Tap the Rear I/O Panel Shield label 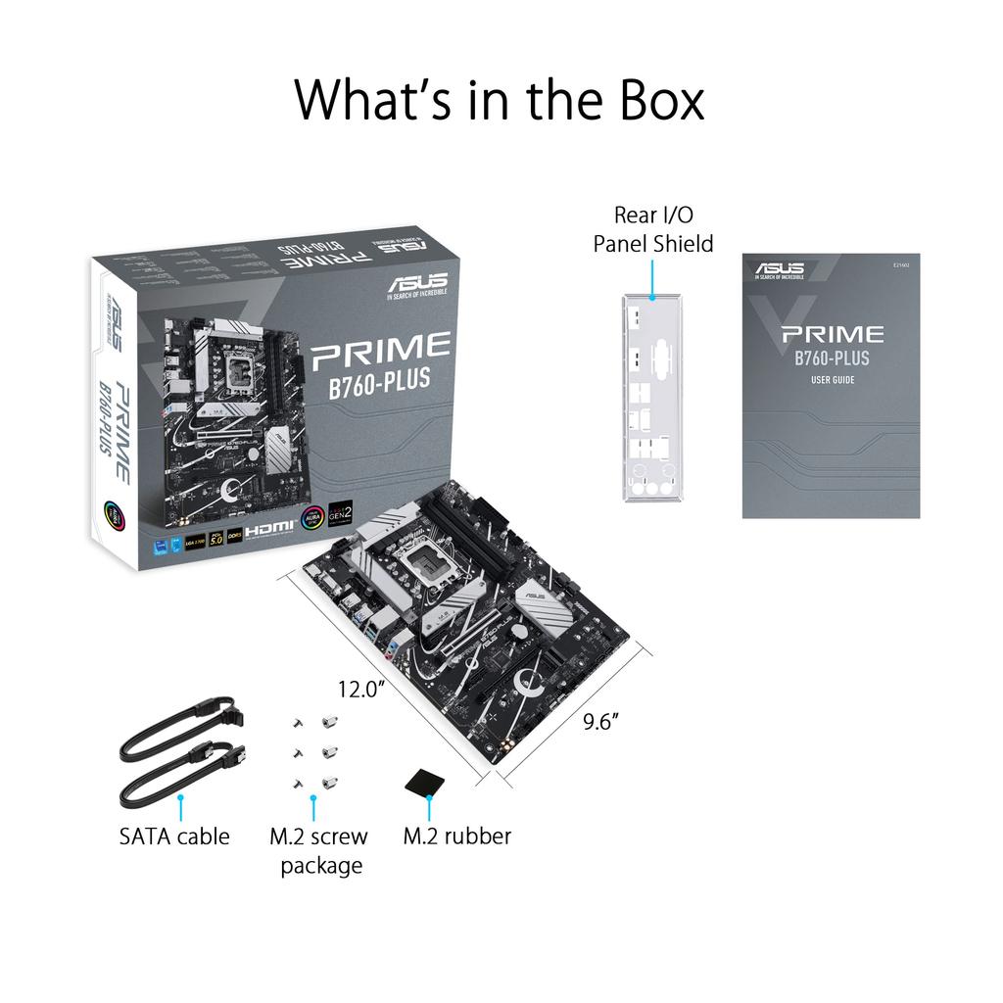coord(653,228)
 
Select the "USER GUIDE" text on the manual coord(832,379)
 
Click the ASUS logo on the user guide coord(780,269)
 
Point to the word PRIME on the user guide coord(832,335)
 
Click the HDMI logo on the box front coord(270,530)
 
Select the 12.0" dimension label coord(359,689)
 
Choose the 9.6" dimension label coord(599,722)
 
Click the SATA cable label coord(174,836)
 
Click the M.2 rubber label coord(457,836)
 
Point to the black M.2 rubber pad coord(427,781)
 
